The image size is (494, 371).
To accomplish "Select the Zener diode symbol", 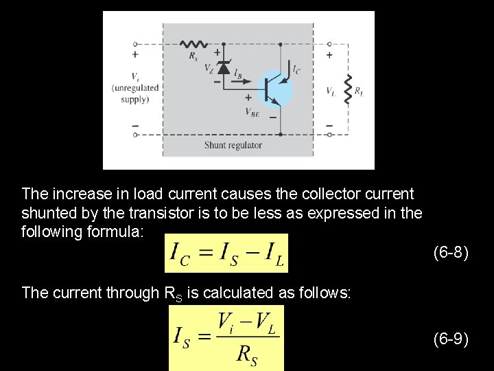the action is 223,67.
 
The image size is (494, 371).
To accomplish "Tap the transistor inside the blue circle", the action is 275,89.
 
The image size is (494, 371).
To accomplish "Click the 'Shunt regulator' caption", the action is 233,145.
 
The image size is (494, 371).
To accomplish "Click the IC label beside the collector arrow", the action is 296,69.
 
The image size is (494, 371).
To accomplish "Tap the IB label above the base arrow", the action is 238,71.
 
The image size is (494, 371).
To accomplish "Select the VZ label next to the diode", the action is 209,67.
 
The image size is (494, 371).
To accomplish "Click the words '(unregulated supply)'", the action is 135,93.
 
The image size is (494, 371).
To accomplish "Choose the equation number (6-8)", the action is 451,253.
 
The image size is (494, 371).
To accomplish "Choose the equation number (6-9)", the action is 451,338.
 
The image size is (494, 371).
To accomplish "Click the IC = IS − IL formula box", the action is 226,253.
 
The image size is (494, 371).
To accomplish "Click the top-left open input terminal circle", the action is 135,43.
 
